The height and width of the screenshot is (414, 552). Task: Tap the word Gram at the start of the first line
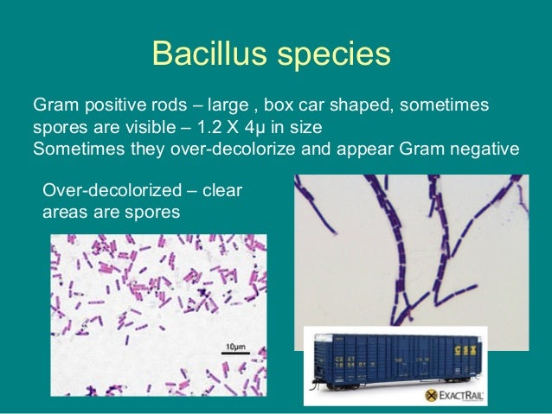point(54,105)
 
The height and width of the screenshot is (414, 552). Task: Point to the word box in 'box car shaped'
point(279,105)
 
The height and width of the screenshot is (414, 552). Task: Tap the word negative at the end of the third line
point(484,148)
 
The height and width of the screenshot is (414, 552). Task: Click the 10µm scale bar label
point(235,347)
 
